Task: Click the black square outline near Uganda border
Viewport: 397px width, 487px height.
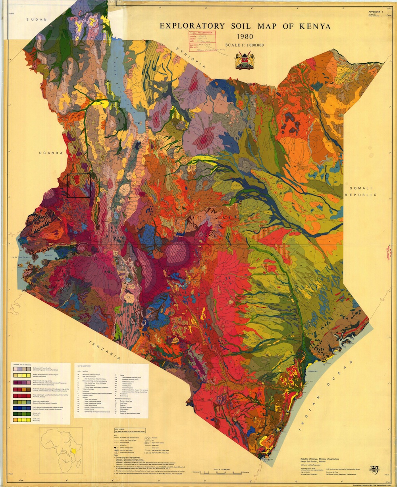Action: pyautogui.click(x=79, y=186)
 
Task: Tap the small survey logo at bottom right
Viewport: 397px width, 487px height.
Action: pyautogui.click(x=374, y=468)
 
